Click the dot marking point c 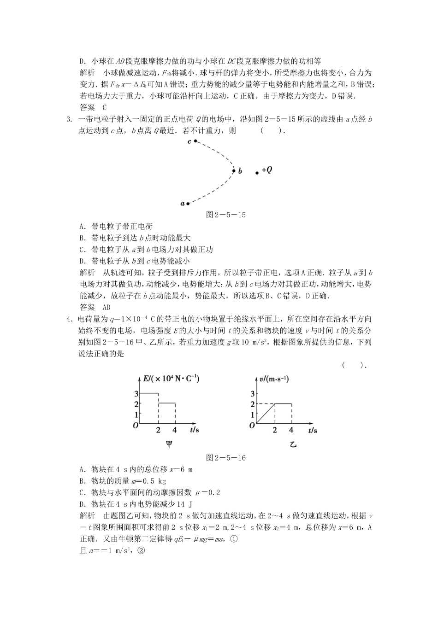[195, 141]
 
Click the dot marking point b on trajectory [234, 171]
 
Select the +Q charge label [266, 170]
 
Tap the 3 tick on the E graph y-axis [136, 393]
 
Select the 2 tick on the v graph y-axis [252, 404]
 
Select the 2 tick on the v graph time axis [275, 430]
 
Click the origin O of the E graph [136, 426]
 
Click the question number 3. [69, 119]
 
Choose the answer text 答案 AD [95, 307]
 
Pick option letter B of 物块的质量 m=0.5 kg [82, 481]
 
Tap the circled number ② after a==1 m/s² [142, 550]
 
